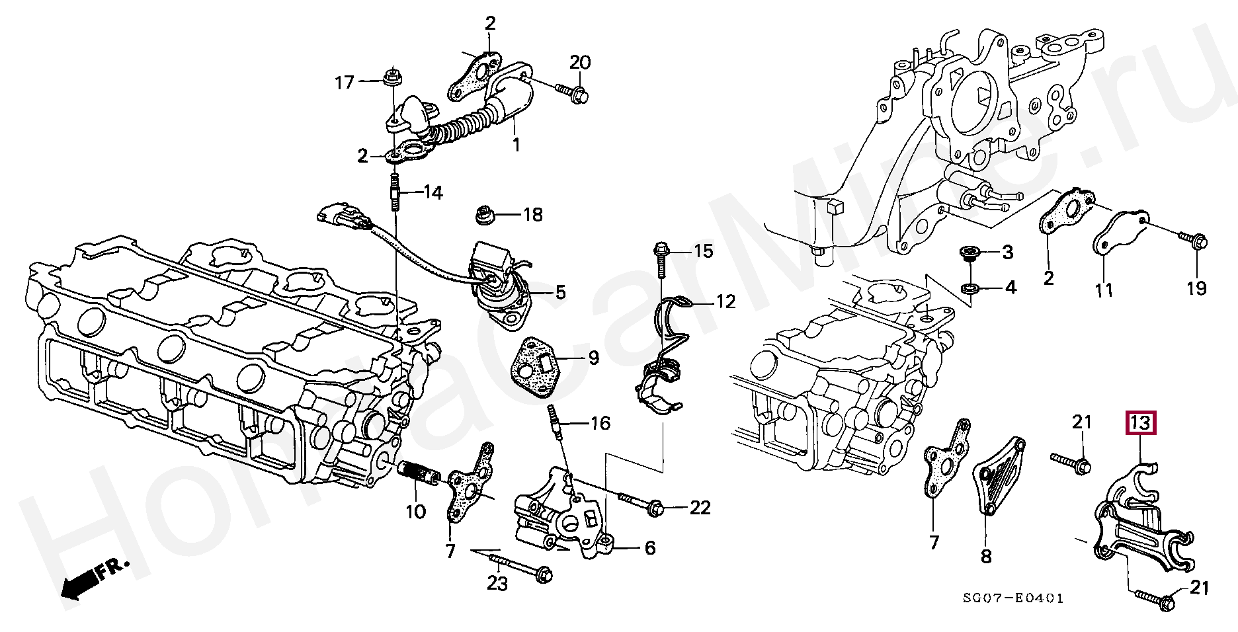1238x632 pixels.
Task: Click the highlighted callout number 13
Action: pyautogui.click(x=1141, y=422)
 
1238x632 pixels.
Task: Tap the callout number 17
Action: pyautogui.click(x=345, y=83)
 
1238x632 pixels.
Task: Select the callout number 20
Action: pyautogui.click(x=580, y=62)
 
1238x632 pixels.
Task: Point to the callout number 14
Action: pyautogui.click(x=433, y=192)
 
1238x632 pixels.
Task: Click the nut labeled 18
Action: pyautogui.click(x=483, y=214)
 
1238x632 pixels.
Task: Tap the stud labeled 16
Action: pyautogui.click(x=555, y=422)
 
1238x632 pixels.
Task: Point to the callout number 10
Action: pyautogui.click(x=415, y=511)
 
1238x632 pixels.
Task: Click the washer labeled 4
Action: pyautogui.click(x=969, y=288)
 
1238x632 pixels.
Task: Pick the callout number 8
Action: pyautogui.click(x=986, y=557)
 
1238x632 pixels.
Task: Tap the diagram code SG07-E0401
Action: pyautogui.click(x=1013, y=598)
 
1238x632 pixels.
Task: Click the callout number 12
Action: pyautogui.click(x=725, y=301)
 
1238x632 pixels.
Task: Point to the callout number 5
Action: pyautogui.click(x=560, y=292)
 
